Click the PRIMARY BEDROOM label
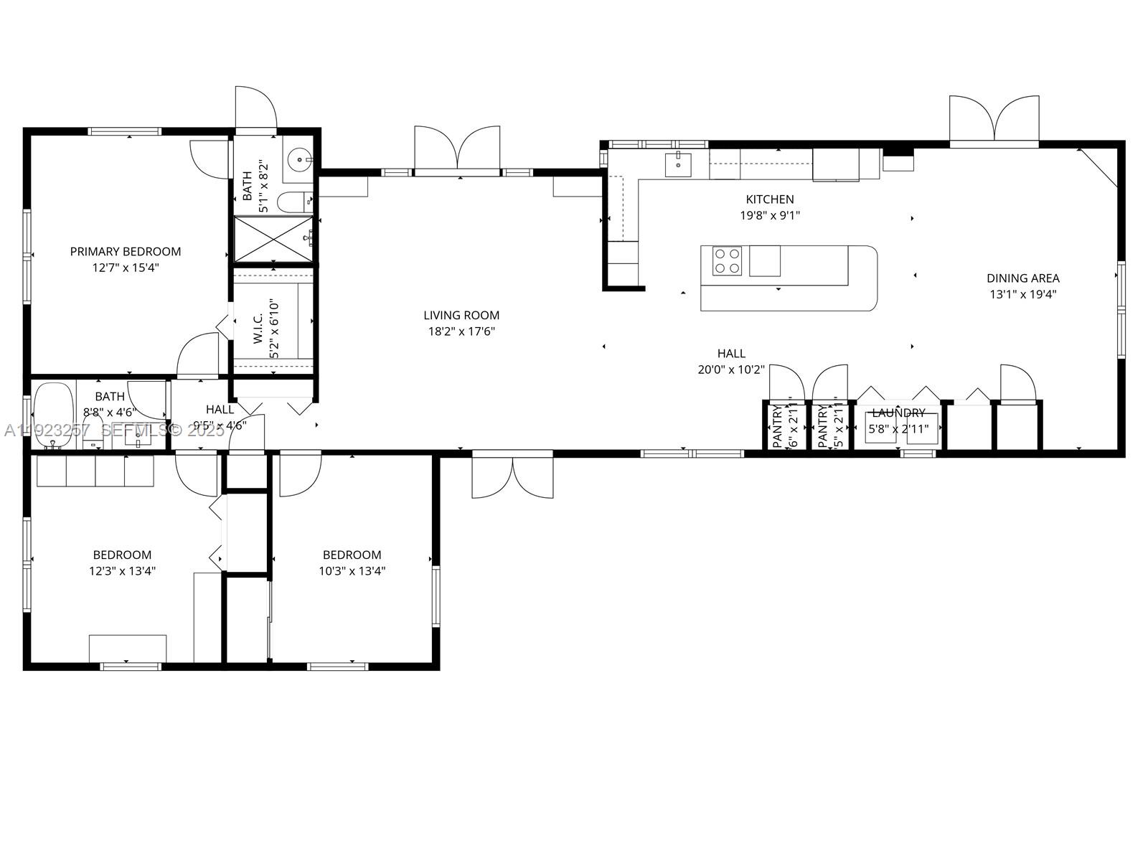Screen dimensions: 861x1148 coord(126,251)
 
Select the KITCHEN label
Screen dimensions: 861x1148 coord(770,199)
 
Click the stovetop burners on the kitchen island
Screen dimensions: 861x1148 coord(727,261)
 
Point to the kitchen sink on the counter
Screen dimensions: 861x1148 coord(677,164)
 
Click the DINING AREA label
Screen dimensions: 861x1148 coord(1022,278)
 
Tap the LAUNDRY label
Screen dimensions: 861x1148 coord(898,413)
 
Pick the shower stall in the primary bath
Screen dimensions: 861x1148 coord(273,240)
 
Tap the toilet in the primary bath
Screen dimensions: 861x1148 coord(293,202)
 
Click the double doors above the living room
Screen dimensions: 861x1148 coord(457,152)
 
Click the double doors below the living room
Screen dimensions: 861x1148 coord(512,476)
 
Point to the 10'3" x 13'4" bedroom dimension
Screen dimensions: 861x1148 coord(352,571)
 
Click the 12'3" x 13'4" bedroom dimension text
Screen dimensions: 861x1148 coord(122,571)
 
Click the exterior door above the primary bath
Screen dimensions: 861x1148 coord(255,110)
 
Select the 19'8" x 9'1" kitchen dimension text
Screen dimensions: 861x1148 coord(770,215)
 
